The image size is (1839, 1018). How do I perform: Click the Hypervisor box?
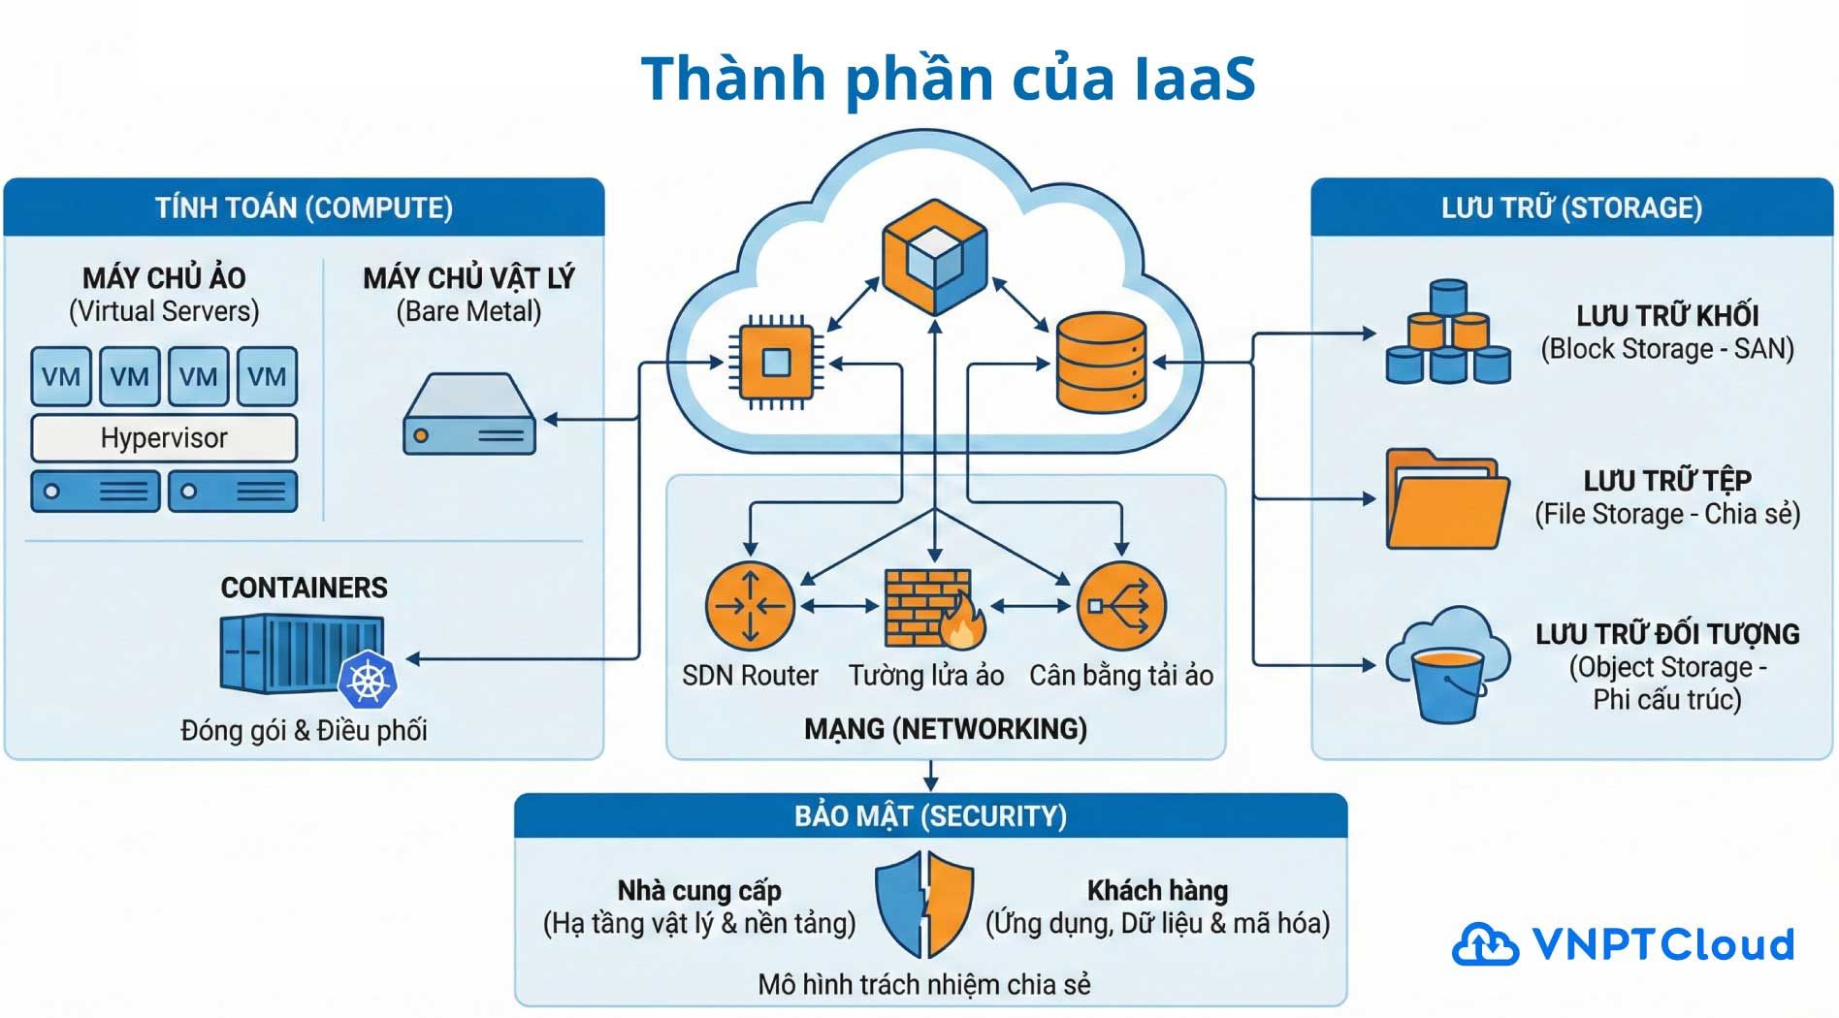tap(164, 438)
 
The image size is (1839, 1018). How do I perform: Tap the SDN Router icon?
tap(750, 606)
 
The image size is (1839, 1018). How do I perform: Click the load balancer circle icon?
tap(1121, 606)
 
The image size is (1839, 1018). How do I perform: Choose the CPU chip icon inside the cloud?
tap(776, 363)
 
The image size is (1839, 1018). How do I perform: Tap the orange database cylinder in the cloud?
tap(1101, 362)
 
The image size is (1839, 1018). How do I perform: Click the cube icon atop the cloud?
tap(934, 256)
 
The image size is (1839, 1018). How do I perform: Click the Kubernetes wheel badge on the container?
tap(368, 680)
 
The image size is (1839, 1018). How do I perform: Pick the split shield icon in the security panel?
tap(924, 905)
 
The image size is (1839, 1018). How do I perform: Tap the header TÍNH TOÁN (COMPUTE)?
tap(304, 207)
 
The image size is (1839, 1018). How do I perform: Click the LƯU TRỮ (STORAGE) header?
tap(1571, 207)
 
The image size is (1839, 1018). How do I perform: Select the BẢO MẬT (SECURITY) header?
tap(930, 816)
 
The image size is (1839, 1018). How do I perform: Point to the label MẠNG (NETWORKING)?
tap(946, 729)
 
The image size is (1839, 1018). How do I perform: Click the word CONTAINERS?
tap(304, 588)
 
